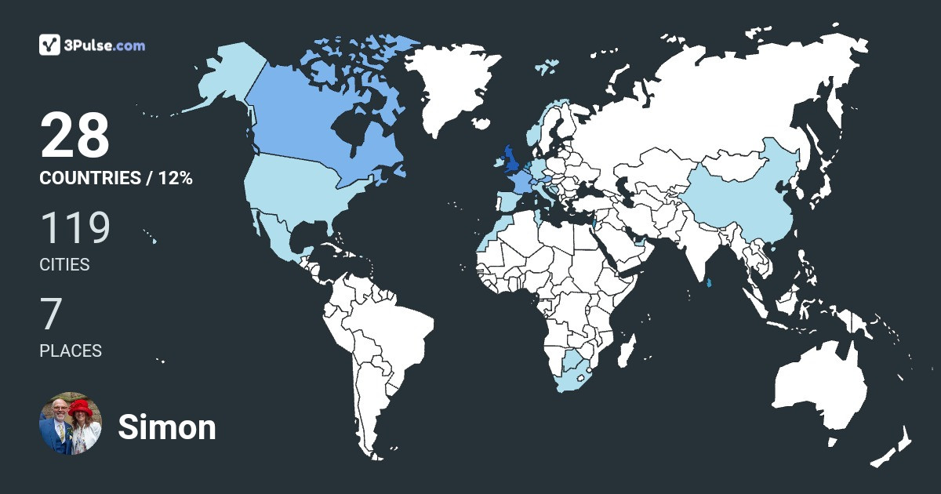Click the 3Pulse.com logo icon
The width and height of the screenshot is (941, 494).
click(x=50, y=45)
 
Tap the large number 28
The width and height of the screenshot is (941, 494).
click(x=74, y=136)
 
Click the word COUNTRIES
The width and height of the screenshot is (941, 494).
click(x=89, y=178)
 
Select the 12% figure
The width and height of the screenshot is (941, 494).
click(x=175, y=178)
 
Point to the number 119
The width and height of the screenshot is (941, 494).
click(x=74, y=228)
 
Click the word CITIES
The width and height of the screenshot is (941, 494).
click(x=64, y=265)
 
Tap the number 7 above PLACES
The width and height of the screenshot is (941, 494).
click(x=51, y=314)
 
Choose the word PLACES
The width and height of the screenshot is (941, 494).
click(x=71, y=351)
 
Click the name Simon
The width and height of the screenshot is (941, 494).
click(x=166, y=427)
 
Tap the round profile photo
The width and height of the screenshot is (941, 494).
click(x=71, y=423)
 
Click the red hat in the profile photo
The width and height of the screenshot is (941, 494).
click(x=81, y=408)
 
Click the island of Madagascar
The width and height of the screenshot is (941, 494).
click(x=627, y=350)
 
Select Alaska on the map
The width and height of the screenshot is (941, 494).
click(x=220, y=78)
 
